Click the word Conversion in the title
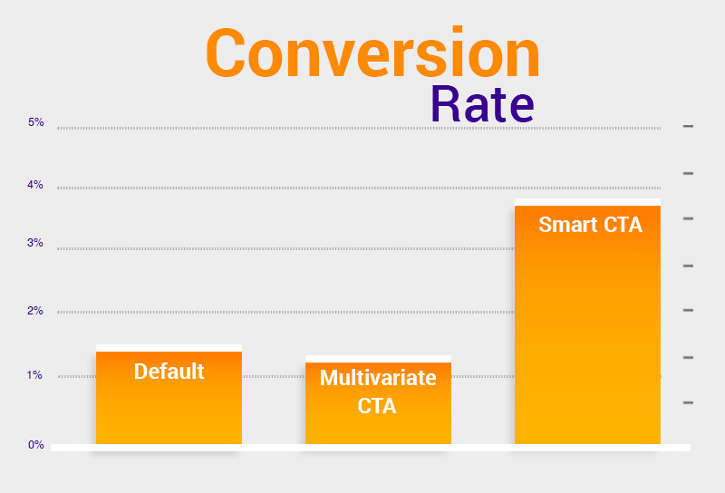point(372,53)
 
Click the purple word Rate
point(482,104)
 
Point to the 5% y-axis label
point(35,122)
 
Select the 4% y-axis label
point(35,185)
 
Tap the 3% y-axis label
point(35,243)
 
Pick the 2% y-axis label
point(35,310)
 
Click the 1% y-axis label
point(34,374)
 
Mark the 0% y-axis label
point(35,444)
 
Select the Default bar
point(169,398)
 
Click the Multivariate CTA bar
point(378,403)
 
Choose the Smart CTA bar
point(587,324)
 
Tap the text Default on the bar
point(169,372)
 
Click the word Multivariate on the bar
point(378,378)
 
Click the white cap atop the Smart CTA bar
point(587,202)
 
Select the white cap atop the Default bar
point(169,348)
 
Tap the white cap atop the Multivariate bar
point(378,359)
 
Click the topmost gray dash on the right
point(688,126)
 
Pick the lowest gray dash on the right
point(688,402)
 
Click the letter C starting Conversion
point(225,53)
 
